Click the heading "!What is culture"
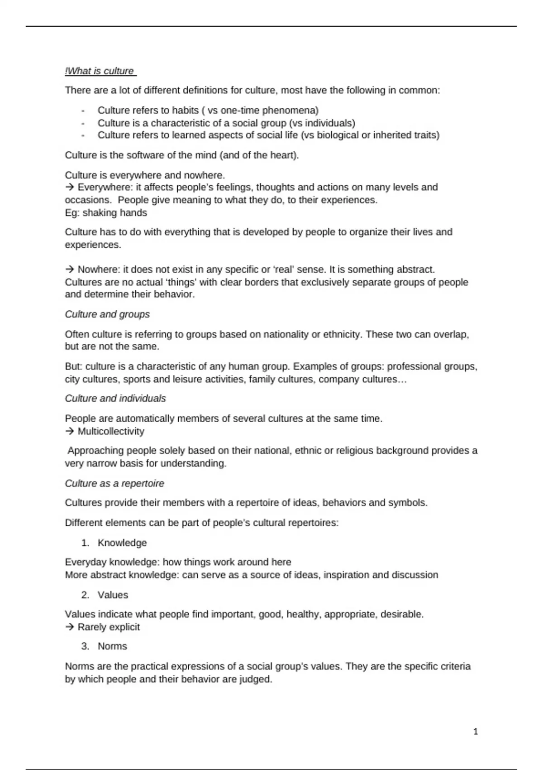click(100, 71)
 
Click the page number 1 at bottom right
click(475, 731)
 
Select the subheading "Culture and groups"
click(107, 314)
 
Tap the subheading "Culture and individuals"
click(115, 399)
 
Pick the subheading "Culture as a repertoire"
click(114, 483)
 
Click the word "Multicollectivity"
click(111, 431)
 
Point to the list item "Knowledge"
click(122, 543)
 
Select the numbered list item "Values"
click(113, 595)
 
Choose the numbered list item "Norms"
click(112, 646)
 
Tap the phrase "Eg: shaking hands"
click(106, 213)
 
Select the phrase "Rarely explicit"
click(109, 627)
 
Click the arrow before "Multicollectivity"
click(70, 431)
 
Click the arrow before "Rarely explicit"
click(70, 627)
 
